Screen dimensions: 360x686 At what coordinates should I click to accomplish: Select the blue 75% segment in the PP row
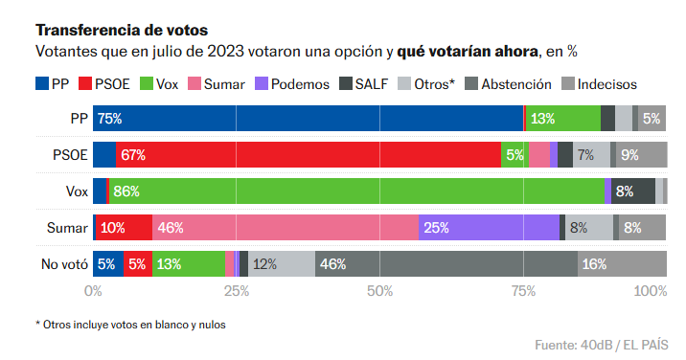pyautogui.click(x=308, y=119)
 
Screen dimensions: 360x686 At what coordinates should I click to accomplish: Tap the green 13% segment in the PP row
pyautogui.click(x=563, y=119)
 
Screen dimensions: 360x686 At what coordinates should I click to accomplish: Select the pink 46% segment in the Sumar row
pyautogui.click(x=286, y=228)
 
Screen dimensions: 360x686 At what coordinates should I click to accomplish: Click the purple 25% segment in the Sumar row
pyautogui.click(x=489, y=228)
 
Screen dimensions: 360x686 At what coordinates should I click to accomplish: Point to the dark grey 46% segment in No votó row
pyautogui.click(x=446, y=264)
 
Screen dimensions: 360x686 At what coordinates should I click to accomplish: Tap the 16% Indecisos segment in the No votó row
pyautogui.click(x=623, y=264)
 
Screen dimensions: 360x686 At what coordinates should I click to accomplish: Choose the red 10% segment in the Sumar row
pyautogui.click(x=123, y=228)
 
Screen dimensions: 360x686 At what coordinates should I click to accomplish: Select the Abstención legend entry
pyautogui.click(x=508, y=84)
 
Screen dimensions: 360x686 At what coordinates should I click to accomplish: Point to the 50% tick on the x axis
pyautogui.click(x=380, y=290)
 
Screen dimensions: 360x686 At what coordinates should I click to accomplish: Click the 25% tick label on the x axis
pyautogui.click(x=237, y=290)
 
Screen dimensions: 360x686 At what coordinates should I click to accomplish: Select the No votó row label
pyautogui.click(x=63, y=264)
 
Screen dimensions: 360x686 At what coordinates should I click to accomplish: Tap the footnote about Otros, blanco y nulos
pyautogui.click(x=130, y=324)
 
